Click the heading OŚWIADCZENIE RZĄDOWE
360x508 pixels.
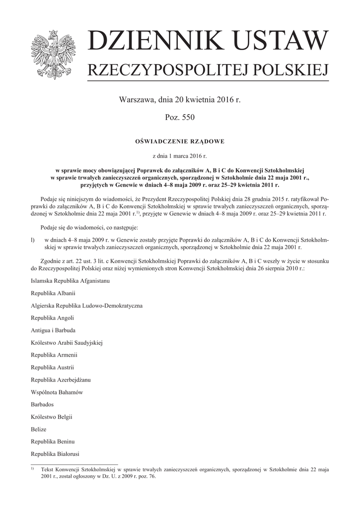(x=180, y=141)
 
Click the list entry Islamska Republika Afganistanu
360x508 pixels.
(x=70, y=280)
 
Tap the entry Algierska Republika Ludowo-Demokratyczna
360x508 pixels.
(x=87, y=305)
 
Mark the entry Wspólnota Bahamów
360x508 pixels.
(x=57, y=392)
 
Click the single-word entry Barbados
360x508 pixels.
(x=42, y=404)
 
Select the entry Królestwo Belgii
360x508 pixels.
(x=50, y=417)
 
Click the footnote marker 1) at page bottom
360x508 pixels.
(x=32, y=468)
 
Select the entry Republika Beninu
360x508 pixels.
(x=53, y=442)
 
